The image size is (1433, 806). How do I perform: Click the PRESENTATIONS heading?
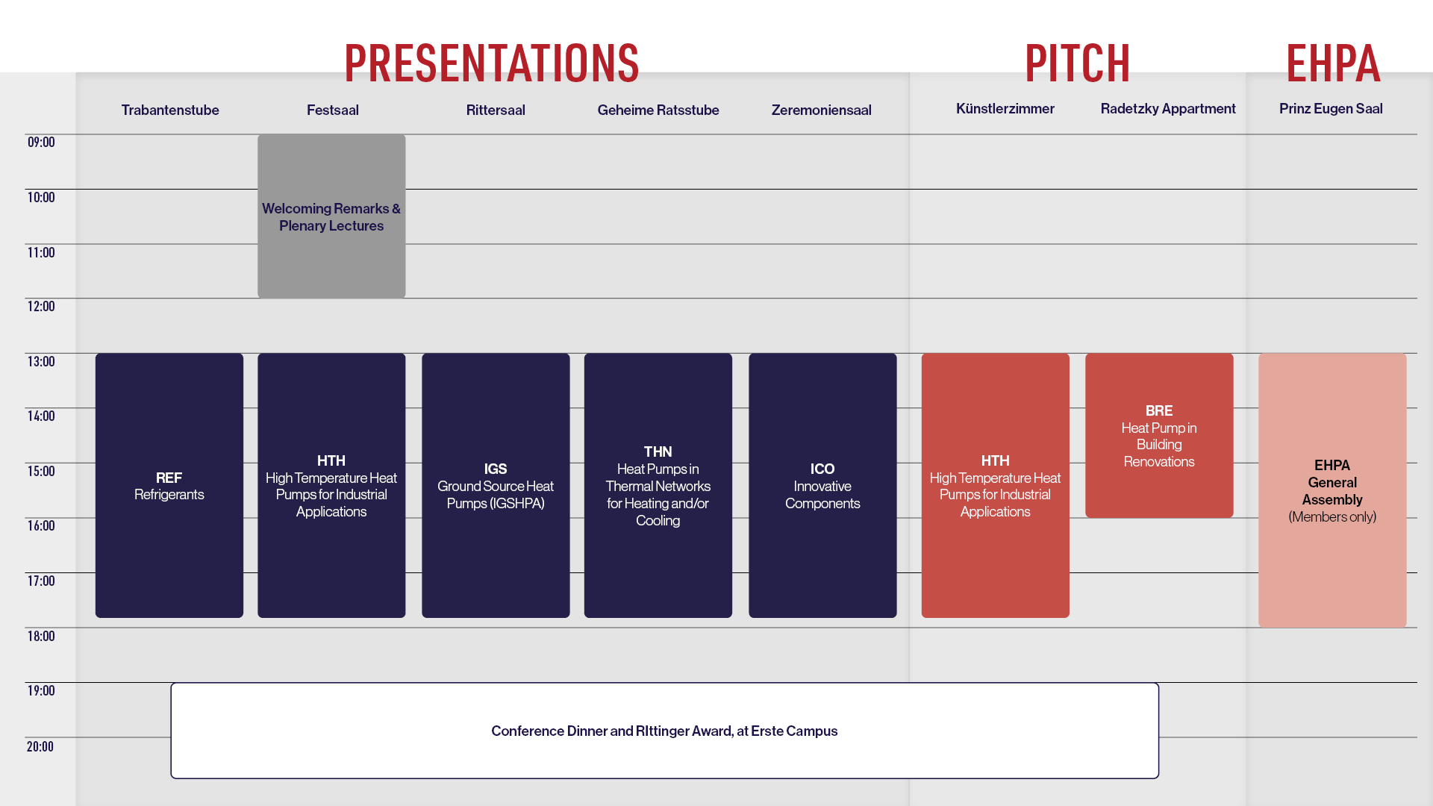pyautogui.click(x=491, y=63)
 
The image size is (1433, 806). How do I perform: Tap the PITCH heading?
pyautogui.click(x=1077, y=63)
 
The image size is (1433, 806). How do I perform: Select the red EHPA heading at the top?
pyautogui.click(x=1333, y=63)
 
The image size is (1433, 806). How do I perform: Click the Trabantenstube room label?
pyautogui.click(x=170, y=110)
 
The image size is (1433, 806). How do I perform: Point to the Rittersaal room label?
pyautogui.click(x=496, y=110)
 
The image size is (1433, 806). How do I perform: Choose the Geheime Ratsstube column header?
pyautogui.click(x=658, y=110)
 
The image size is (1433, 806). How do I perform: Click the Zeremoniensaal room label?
pyautogui.click(x=821, y=110)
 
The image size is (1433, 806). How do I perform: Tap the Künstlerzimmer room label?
pyautogui.click(x=1005, y=108)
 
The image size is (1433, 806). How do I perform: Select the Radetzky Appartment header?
pyautogui.click(x=1168, y=109)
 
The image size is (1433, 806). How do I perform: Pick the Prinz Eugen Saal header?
pyautogui.click(x=1331, y=109)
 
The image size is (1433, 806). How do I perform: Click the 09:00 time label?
pyautogui.click(x=41, y=142)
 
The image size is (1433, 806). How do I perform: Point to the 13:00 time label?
pyautogui.click(x=41, y=361)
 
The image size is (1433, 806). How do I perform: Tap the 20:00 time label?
pyautogui.click(x=40, y=746)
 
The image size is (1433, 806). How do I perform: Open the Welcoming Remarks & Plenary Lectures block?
pyautogui.click(x=331, y=216)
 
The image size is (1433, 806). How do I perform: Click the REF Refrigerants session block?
pyautogui.click(x=169, y=485)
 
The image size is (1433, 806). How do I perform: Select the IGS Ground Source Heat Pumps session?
pyautogui.click(x=496, y=485)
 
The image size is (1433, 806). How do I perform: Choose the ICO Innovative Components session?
pyautogui.click(x=822, y=485)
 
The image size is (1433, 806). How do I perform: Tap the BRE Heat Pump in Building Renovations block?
pyautogui.click(x=1159, y=435)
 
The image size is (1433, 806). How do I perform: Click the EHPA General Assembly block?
pyautogui.click(x=1332, y=490)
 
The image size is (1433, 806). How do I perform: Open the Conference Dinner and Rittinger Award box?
pyautogui.click(x=664, y=731)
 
